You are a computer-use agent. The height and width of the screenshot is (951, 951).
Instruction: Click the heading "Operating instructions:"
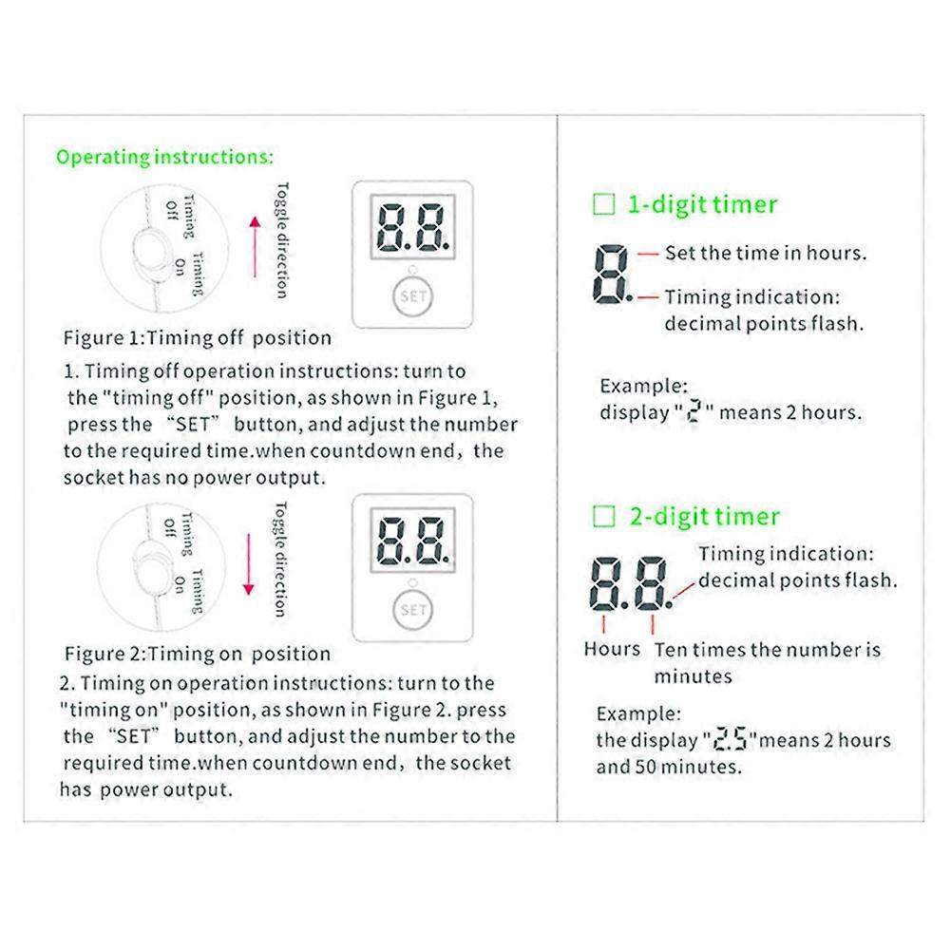coord(164,157)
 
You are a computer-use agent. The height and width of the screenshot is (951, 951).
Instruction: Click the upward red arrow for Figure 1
coord(254,247)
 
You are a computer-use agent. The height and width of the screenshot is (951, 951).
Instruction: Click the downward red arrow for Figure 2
coord(249,563)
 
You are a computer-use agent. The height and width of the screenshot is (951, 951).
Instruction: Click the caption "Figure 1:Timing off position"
coord(198,338)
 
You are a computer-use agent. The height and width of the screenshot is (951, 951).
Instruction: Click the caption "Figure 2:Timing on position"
coord(198,654)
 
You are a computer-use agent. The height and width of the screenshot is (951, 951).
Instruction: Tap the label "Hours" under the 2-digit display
coord(612,649)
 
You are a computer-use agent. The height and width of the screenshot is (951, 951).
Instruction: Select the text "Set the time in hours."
coord(765,254)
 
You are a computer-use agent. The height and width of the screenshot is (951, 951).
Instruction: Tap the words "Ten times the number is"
coord(768,651)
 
